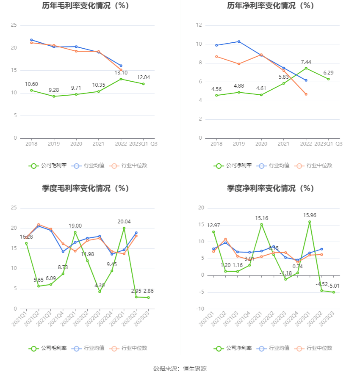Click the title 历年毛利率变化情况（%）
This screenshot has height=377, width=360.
85,6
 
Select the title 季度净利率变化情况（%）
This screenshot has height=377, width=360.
270,188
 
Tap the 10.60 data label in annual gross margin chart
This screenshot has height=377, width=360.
31,84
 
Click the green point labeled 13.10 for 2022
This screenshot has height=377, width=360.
121,79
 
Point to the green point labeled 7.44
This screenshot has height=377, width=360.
306,68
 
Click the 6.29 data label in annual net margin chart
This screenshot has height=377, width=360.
328,72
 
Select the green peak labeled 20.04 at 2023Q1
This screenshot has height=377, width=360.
124,228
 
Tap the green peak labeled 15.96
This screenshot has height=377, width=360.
310,222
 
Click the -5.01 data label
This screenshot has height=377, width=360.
334,286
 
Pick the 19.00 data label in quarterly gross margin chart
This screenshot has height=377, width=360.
75,226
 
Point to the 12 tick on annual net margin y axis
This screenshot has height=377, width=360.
199,25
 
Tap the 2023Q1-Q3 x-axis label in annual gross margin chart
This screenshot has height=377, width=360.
143,144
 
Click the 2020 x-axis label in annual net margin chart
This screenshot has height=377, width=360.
261,144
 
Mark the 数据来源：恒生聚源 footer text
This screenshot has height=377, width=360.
180,369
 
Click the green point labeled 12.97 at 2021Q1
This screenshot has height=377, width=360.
213,232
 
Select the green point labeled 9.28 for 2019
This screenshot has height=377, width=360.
54,96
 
